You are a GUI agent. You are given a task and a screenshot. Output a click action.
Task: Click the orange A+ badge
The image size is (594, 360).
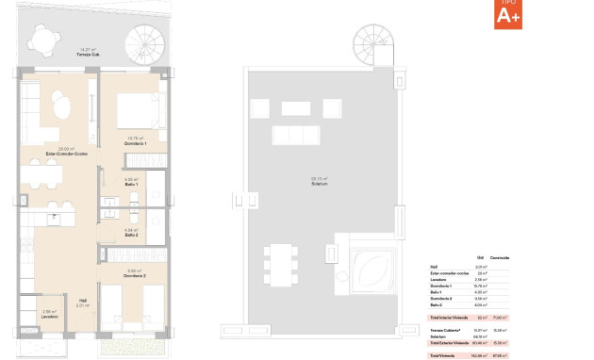506,13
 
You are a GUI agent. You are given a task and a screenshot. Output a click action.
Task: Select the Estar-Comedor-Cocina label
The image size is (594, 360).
65,153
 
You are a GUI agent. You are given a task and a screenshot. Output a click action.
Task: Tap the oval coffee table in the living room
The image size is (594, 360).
61,108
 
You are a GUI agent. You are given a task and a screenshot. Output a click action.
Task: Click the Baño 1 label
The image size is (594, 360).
131,184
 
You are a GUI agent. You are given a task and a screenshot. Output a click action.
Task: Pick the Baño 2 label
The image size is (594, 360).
132,234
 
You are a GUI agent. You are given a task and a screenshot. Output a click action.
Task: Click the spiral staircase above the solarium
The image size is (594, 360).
370,42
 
